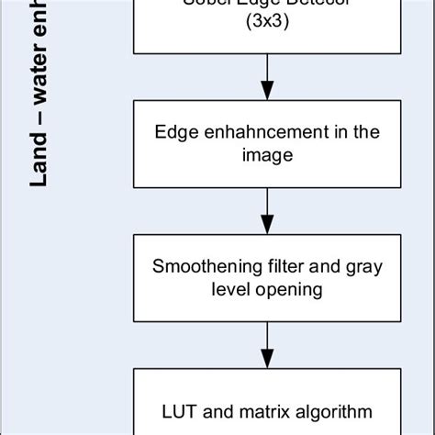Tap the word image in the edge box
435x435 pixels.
pyautogui.click(x=267, y=155)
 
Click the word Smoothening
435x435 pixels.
pyautogui.click(x=199, y=268)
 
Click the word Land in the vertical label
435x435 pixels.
pyautogui.click(x=39, y=166)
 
